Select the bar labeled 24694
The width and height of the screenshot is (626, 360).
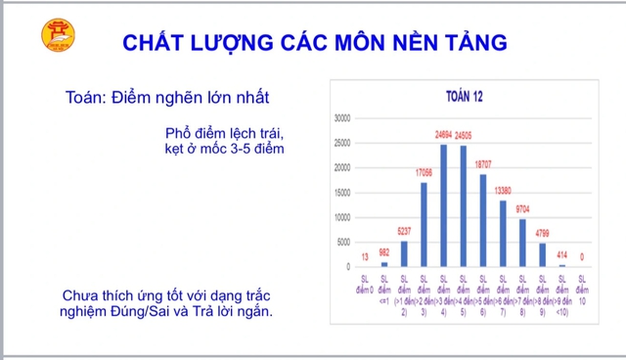click(x=444, y=205)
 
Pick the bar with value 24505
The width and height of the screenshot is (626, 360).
click(x=464, y=206)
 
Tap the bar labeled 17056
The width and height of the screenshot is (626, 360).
click(x=424, y=224)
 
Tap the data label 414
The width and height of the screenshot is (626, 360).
click(x=562, y=255)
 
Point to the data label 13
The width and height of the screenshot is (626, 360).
click(x=365, y=258)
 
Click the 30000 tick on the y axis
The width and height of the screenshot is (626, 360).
click(x=342, y=117)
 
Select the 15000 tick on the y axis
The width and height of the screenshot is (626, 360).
click(x=342, y=192)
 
